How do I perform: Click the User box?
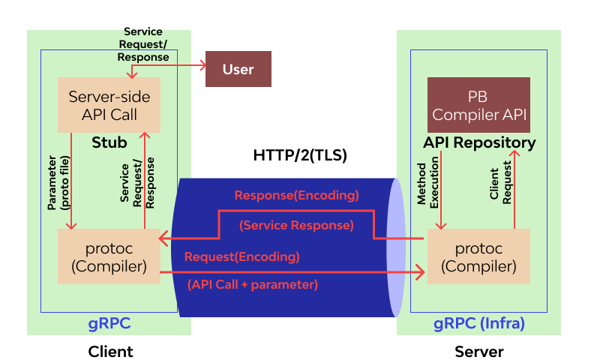tap(238, 70)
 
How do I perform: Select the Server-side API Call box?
tap(109, 105)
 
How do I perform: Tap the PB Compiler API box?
tap(478, 106)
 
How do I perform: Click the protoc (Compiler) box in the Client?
tap(109, 256)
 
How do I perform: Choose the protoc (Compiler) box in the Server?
tap(478, 256)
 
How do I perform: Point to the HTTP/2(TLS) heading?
tap(300, 156)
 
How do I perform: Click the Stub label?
tap(109, 142)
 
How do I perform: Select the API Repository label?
tap(479, 142)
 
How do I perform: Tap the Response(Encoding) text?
tap(296, 196)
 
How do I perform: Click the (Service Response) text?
tap(296, 225)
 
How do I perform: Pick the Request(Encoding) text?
tap(241, 256)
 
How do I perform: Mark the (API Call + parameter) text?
tap(252, 284)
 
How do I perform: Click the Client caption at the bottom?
tap(110, 351)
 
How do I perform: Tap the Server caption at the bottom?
tap(479, 351)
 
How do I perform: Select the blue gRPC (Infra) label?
tap(479, 324)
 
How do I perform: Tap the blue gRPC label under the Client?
tap(110, 324)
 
